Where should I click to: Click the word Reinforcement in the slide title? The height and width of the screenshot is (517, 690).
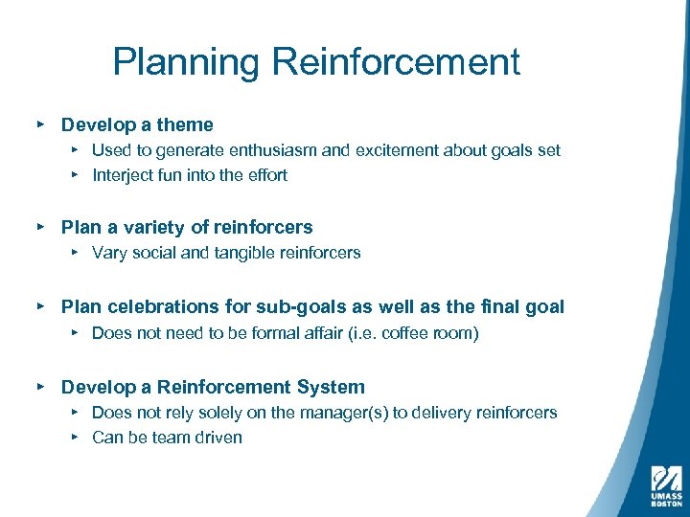click(396, 63)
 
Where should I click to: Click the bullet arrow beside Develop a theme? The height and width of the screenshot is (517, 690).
click(40, 124)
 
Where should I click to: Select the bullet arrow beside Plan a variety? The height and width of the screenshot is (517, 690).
click(40, 228)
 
